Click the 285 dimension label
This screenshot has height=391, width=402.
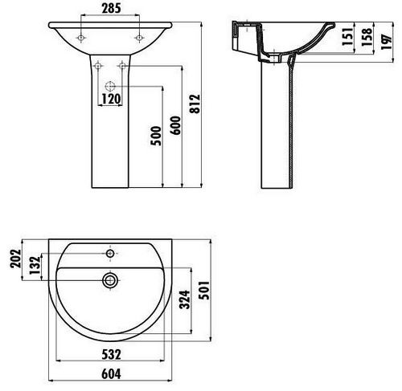111,8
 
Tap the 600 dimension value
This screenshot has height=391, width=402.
175,125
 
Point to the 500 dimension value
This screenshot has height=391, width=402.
156,136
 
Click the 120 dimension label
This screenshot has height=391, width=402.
111,99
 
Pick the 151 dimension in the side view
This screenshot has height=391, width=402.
347,36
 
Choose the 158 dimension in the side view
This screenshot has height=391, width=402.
367,37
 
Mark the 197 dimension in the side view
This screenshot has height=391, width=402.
387,42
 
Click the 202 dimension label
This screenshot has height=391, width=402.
15,259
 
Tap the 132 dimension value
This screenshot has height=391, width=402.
35,266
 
